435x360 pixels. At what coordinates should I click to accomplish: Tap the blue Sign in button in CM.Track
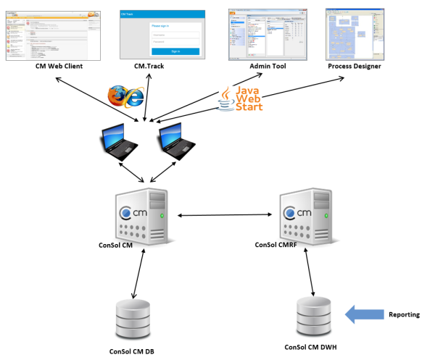pyautogui.click(x=175, y=51)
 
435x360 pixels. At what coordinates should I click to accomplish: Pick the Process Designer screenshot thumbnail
pyautogui.click(x=355, y=33)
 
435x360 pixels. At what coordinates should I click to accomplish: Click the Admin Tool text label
pyautogui.click(x=268, y=67)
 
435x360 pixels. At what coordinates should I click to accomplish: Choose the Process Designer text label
pyautogui.click(x=355, y=67)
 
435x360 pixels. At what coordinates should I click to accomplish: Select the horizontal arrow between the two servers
pyautogui.click(x=225, y=215)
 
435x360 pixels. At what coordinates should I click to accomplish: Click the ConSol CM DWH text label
pyautogui.click(x=313, y=346)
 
